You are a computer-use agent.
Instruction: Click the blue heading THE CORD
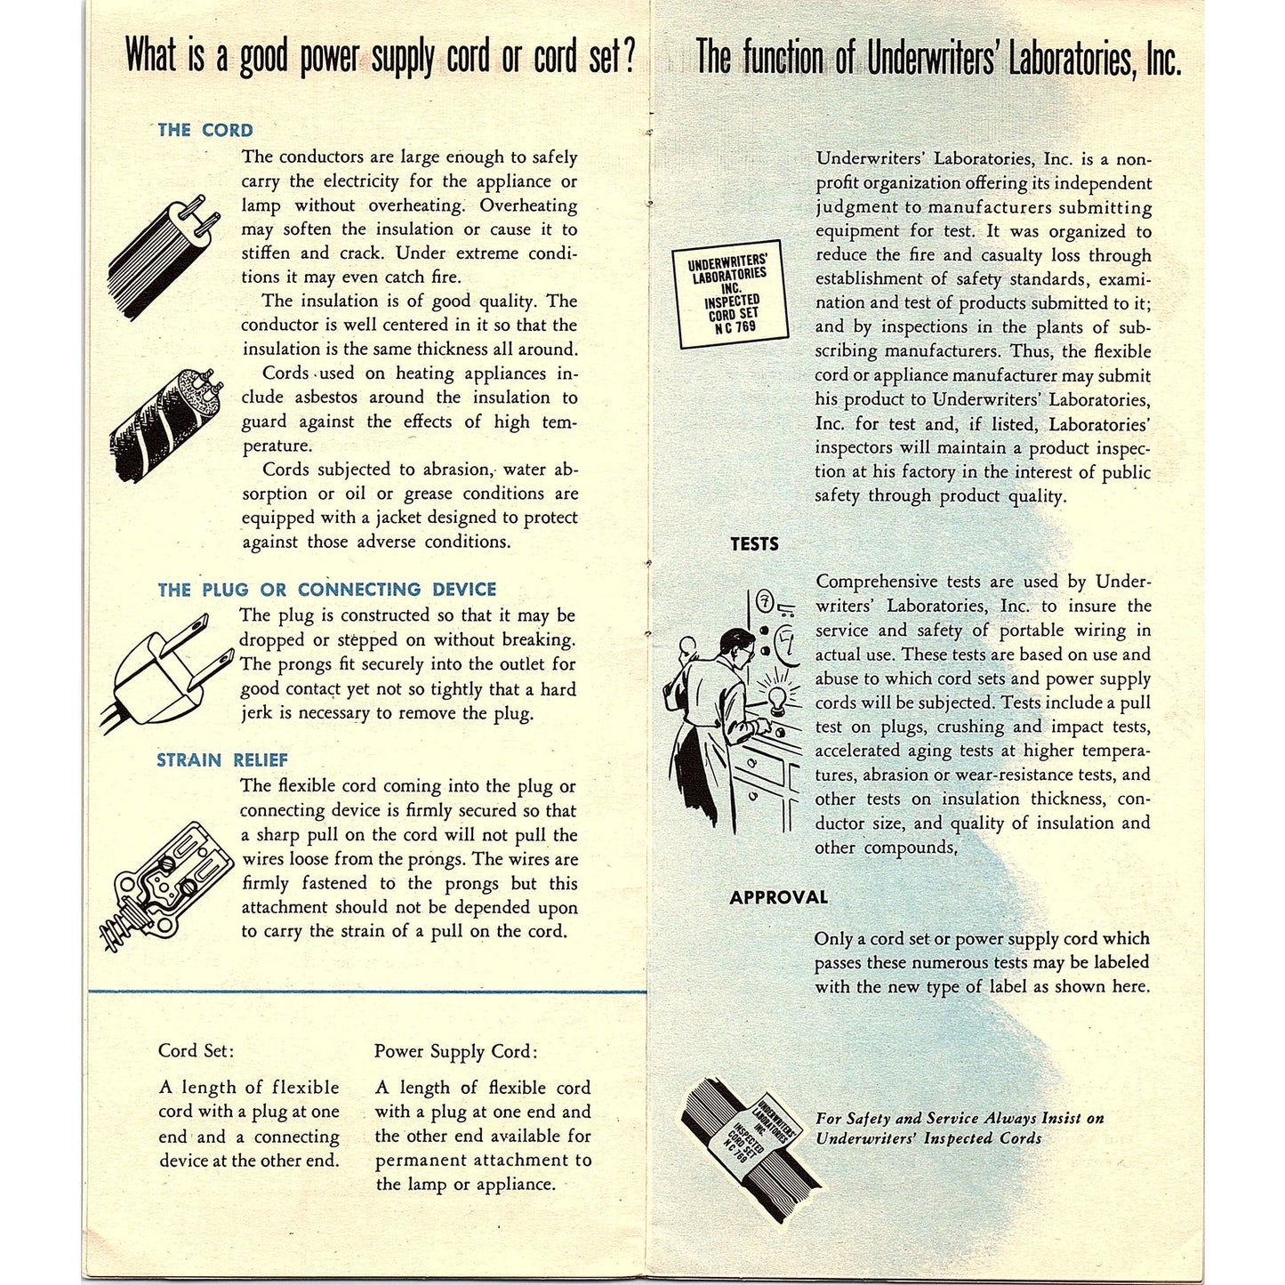(x=205, y=130)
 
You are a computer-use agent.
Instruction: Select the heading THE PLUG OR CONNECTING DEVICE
(x=326, y=590)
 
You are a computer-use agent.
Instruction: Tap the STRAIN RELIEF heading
(x=222, y=760)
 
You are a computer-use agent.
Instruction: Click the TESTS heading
(x=754, y=544)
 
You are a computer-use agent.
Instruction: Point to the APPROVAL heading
(x=778, y=897)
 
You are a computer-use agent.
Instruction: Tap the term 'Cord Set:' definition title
(x=196, y=1050)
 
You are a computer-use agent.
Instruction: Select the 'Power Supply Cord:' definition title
(x=455, y=1051)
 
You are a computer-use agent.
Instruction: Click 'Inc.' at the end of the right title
(x=1163, y=59)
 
